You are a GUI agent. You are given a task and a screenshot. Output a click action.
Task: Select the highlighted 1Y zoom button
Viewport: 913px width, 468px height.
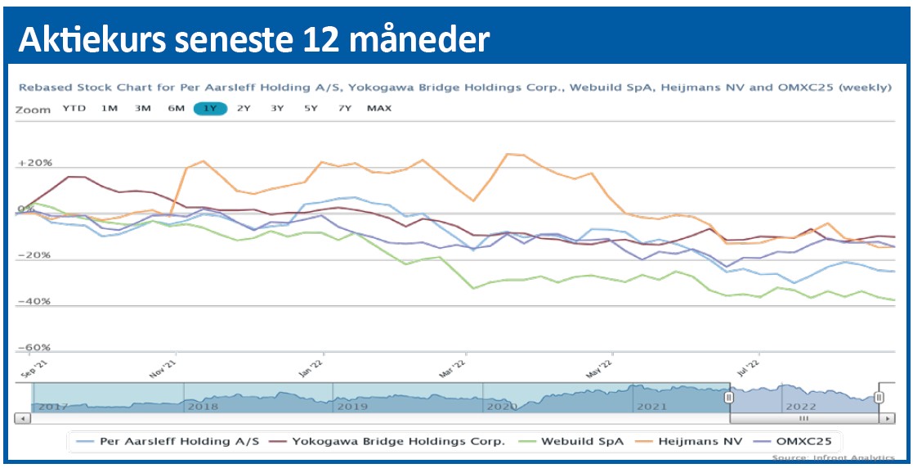(x=209, y=108)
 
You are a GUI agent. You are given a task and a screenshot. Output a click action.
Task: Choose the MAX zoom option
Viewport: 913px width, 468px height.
(x=379, y=108)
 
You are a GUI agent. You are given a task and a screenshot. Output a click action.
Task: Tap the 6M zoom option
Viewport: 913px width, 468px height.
(x=176, y=108)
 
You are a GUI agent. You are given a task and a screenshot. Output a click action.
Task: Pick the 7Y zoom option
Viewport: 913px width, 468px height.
(x=345, y=108)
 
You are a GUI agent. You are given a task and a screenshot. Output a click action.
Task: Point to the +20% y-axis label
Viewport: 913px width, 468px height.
(x=34, y=164)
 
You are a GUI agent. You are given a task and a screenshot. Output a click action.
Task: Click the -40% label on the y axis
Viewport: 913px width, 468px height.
(x=34, y=301)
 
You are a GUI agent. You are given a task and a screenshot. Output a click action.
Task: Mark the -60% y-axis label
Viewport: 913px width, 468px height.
(x=34, y=348)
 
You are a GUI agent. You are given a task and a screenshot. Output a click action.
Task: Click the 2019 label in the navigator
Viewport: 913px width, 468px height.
(x=353, y=405)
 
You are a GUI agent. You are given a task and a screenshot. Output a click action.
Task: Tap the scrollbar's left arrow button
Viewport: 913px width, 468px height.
(x=23, y=418)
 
